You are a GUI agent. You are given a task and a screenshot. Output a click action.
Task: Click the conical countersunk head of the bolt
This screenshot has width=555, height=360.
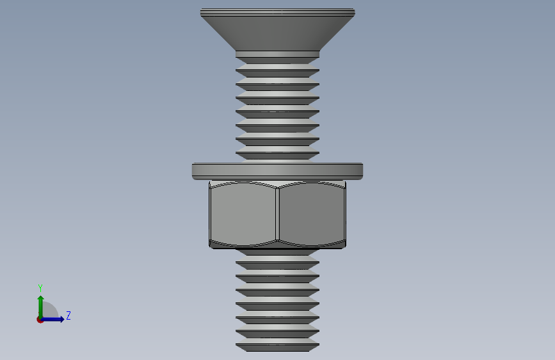(x=278, y=33)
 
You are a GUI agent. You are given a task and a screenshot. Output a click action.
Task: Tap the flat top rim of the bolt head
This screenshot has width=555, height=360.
(x=278, y=12)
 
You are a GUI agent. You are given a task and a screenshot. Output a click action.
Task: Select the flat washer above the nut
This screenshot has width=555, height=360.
(x=278, y=171)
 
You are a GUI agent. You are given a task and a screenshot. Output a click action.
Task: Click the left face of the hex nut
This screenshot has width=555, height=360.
(x=243, y=214)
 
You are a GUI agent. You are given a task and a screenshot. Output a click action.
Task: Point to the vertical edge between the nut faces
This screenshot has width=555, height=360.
(x=277, y=215)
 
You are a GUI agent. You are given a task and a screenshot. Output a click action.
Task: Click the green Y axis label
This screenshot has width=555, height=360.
(x=40, y=288)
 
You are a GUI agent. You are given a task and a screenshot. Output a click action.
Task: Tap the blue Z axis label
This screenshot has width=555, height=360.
(x=68, y=315)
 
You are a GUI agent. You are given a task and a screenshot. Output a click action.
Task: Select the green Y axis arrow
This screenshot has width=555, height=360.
(x=41, y=307)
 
